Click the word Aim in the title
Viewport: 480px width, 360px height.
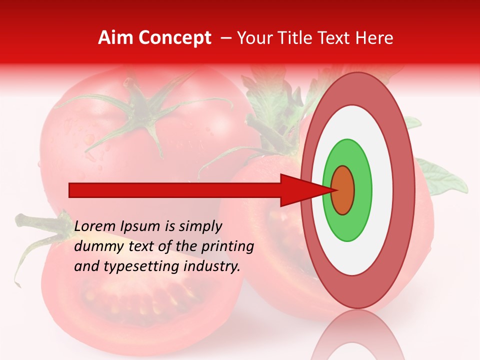pos(116,38)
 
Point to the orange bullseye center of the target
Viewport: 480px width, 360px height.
pos(343,190)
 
